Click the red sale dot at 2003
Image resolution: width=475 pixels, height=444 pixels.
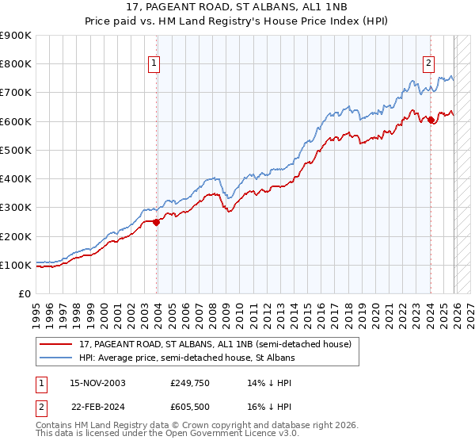click(157, 222)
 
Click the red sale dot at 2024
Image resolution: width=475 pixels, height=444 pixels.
click(431, 120)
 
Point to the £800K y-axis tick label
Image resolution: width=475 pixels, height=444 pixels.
click(16, 64)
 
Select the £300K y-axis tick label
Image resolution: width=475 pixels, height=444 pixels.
click(16, 208)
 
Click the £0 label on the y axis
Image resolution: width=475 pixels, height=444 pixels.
click(24, 294)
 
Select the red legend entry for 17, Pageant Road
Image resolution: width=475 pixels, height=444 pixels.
click(209, 344)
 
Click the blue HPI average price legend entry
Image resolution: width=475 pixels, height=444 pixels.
click(187, 358)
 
